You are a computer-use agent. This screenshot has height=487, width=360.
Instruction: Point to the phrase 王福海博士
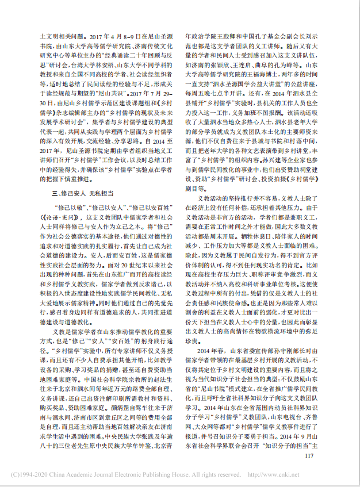click(293, 75)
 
